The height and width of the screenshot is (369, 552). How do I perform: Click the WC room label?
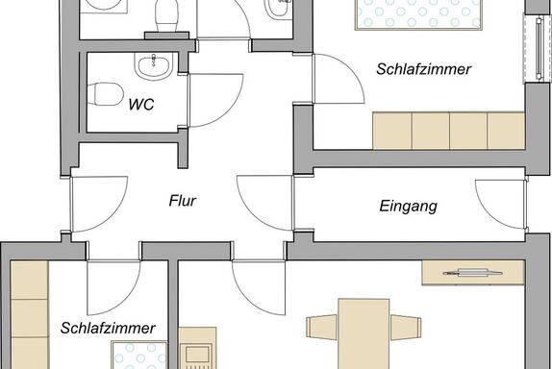coord(141,105)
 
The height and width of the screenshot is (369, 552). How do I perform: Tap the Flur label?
coord(183,201)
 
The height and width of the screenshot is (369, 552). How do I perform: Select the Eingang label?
coord(409,207)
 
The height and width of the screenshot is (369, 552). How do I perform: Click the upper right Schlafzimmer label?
coord(423,69)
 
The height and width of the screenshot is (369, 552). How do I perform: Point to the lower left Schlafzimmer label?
coord(108,329)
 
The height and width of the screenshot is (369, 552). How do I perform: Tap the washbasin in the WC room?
coord(154,65)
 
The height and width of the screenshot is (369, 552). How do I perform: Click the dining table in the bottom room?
coord(364,333)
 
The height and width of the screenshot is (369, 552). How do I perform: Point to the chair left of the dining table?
coord(322,328)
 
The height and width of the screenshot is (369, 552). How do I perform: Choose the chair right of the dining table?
coord(406,328)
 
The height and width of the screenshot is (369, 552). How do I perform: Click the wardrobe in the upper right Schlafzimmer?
coord(449,131)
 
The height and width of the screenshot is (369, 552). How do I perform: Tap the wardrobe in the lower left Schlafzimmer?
coord(30,315)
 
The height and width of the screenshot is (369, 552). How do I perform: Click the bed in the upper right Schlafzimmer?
coord(419,14)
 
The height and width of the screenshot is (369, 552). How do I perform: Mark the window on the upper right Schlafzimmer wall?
coord(538,49)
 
